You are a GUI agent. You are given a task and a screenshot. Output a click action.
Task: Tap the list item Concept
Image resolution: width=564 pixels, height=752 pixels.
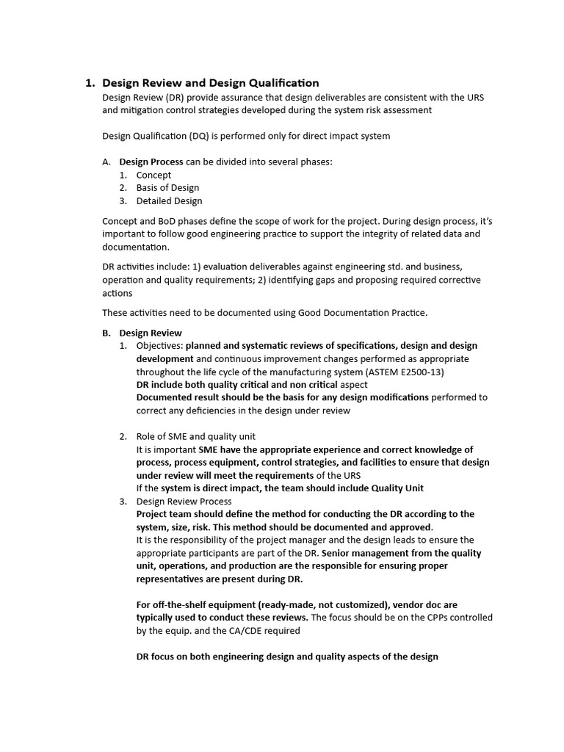tap(153, 175)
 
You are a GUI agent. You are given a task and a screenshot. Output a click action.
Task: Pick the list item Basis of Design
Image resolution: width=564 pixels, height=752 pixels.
tap(167, 188)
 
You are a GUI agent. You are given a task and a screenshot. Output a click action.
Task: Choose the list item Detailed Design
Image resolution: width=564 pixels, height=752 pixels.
tap(169, 200)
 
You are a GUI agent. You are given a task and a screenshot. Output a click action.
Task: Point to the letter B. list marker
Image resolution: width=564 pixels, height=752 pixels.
tap(106, 333)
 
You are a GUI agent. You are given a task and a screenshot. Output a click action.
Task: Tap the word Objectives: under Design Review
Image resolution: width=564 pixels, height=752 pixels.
tap(159, 346)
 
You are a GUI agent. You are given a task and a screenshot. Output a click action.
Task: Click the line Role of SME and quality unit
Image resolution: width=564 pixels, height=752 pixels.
tap(196, 436)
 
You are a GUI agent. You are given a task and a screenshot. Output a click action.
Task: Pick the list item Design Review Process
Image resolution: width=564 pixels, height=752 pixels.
tap(184, 502)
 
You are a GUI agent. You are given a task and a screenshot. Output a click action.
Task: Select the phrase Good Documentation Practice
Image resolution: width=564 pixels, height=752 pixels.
tap(362, 312)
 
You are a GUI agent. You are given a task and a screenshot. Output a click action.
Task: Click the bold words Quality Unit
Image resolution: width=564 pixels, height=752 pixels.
tap(398, 488)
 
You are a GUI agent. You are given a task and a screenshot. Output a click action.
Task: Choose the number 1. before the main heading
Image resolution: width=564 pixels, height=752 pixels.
tap(90, 83)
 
